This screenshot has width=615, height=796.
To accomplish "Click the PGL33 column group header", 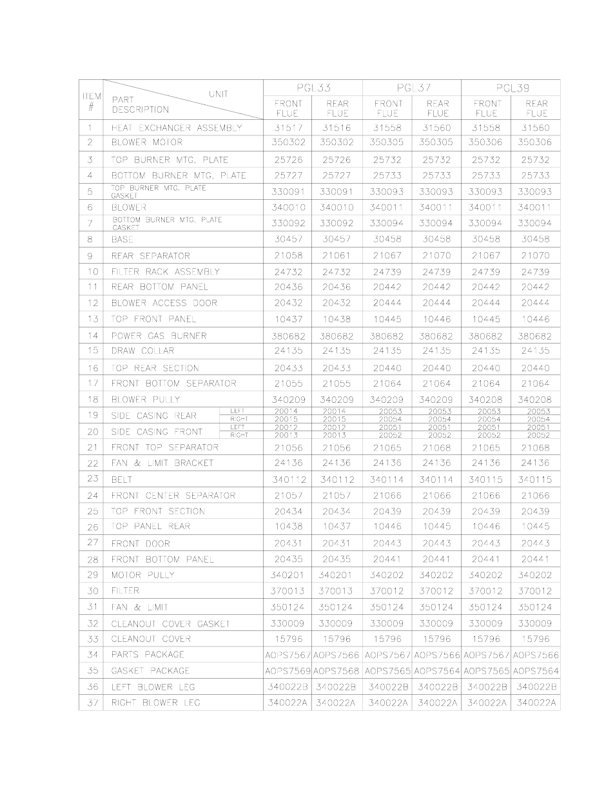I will tap(313, 88).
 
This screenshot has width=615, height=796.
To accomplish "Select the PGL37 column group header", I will tap(412, 88).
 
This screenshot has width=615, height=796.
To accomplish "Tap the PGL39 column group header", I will tap(511, 88).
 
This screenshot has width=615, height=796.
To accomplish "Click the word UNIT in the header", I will tap(218, 94).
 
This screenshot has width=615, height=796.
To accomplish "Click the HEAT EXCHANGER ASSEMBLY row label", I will tap(176, 128).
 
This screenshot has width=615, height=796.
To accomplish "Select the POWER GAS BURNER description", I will tap(159, 336).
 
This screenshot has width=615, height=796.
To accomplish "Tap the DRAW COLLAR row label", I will tap(142, 351).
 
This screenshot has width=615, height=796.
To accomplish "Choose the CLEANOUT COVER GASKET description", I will tap(170, 624).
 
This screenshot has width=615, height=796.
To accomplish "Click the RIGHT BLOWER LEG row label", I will tap(155, 703).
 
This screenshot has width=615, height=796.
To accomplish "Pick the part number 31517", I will tap(288, 128).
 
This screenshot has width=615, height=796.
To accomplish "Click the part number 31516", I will tap(337, 128).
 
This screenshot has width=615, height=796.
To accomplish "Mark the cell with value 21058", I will tap(288, 256).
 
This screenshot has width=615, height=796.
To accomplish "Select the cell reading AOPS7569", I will tap(288, 671).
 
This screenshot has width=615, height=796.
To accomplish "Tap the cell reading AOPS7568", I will tap(337, 671).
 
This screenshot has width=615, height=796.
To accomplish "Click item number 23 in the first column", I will tap(92, 478).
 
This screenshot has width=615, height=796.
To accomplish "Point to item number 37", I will tap(92, 703).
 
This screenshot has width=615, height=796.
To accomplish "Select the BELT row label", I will tap(122, 480).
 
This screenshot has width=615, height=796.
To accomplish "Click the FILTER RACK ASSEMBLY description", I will tap(165, 271).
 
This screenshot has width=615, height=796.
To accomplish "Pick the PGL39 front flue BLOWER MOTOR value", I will tap(486, 142).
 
